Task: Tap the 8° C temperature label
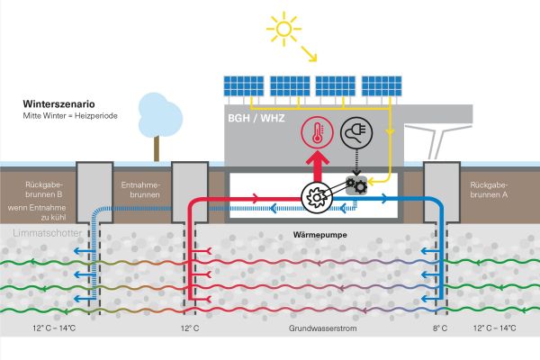(x=439, y=328)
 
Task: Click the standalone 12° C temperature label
(x=189, y=328)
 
